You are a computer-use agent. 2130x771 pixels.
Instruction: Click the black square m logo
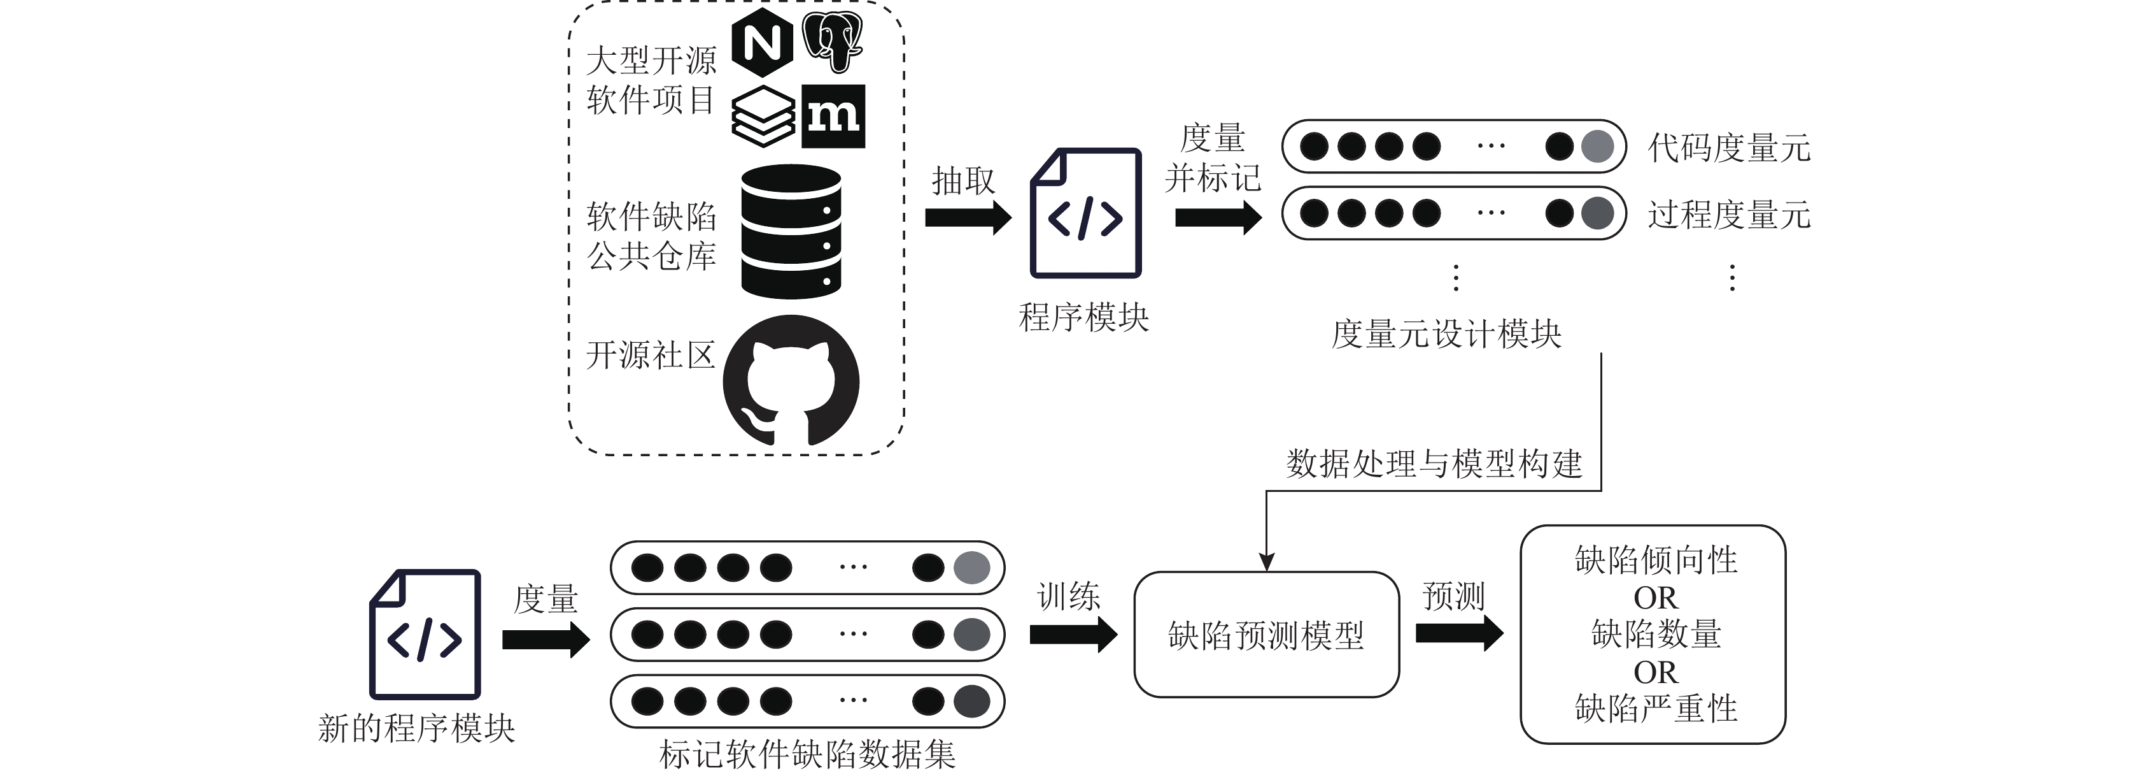[x=833, y=116]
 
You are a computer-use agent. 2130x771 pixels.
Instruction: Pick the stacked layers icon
[x=763, y=117]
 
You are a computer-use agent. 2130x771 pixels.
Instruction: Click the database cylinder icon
[x=791, y=232]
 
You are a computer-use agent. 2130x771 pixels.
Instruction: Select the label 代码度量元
[x=1729, y=148]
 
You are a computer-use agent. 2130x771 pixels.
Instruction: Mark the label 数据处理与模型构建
[x=1434, y=464]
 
